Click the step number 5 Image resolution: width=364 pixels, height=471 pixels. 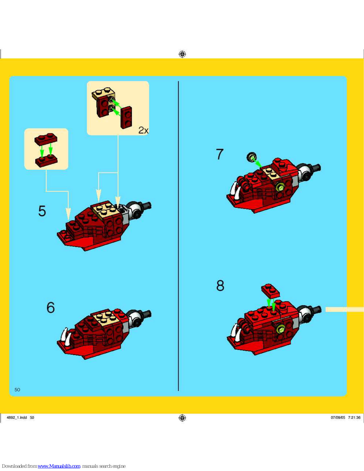42,211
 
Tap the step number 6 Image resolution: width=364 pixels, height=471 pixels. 51,307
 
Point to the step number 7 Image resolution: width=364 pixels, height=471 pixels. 220,154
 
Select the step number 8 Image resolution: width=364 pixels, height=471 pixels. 220,286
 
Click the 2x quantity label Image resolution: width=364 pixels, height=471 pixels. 143,130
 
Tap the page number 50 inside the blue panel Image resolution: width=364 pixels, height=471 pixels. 17,389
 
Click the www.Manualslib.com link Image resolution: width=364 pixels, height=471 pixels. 59,466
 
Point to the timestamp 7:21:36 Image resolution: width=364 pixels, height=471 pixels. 354,417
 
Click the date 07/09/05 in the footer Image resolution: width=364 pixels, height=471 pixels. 338,417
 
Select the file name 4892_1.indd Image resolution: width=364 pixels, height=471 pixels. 17,417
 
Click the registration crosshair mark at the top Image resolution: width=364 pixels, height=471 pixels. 182,54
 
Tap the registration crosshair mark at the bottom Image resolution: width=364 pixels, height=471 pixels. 182,418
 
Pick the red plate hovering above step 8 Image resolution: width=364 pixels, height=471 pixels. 270,291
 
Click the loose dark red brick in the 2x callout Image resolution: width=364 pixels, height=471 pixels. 126,117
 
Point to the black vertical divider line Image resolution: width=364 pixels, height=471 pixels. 178,236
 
